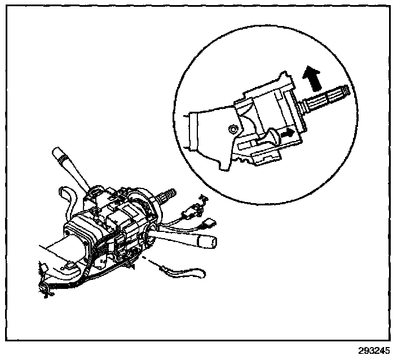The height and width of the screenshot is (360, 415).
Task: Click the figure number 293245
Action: [x=373, y=350]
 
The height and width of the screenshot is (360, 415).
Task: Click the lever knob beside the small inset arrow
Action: [x=274, y=137]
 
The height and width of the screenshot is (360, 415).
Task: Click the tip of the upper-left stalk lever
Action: [x=56, y=152]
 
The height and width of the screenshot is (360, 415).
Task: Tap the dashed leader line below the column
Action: [x=149, y=261]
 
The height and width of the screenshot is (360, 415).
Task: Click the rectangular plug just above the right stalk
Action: [x=208, y=223]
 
